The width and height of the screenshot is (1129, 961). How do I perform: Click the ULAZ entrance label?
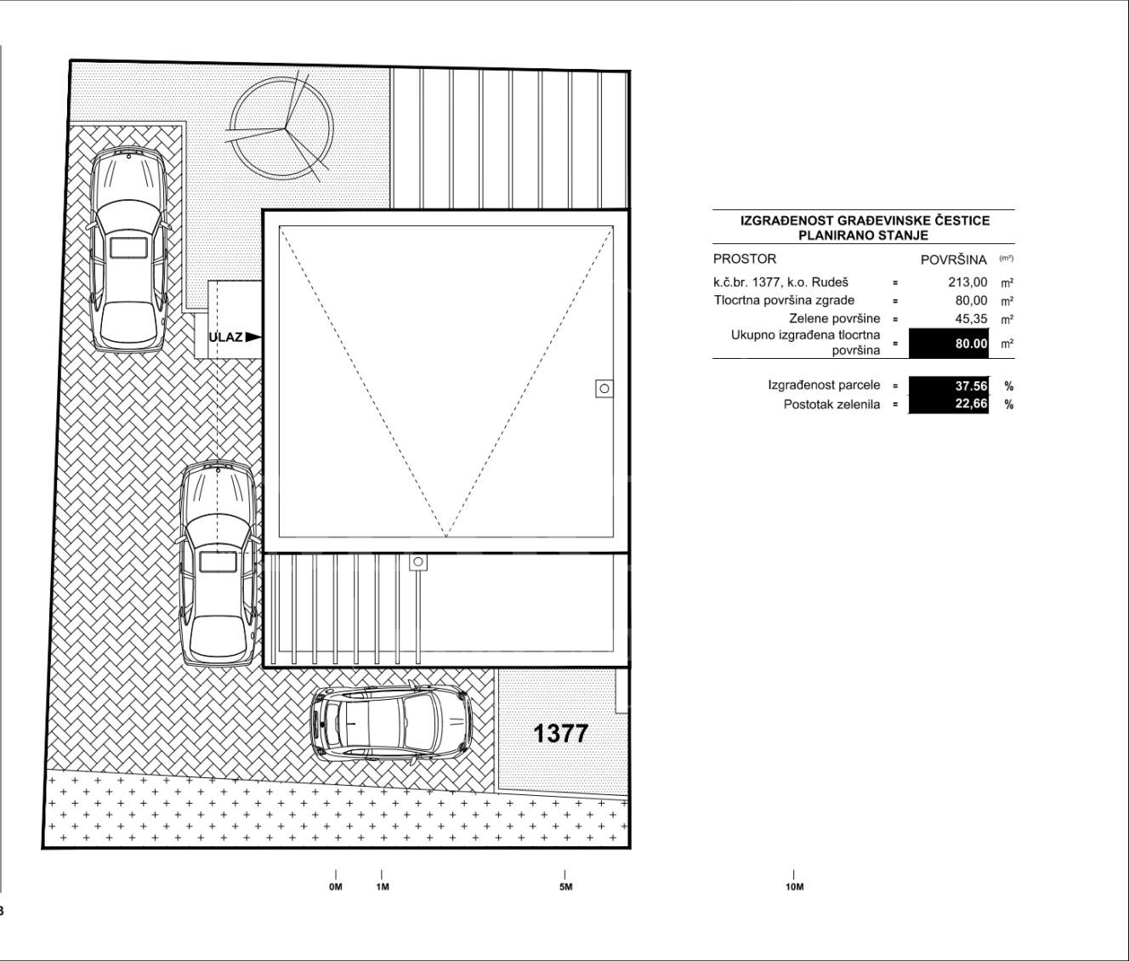(225, 337)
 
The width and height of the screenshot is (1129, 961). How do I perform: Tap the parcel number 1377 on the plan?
(560, 734)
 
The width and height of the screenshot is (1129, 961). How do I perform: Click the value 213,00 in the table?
(967, 282)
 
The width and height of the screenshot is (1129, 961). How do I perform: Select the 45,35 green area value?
(971, 319)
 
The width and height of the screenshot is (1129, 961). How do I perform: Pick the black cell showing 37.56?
(949, 386)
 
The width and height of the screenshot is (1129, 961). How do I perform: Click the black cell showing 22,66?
(949, 404)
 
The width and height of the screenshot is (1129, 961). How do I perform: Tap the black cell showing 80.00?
(949, 344)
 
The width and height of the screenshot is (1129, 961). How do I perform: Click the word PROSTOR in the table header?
(745, 259)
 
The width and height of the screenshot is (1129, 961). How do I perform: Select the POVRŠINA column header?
(954, 260)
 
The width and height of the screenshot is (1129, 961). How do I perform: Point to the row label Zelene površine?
(835, 319)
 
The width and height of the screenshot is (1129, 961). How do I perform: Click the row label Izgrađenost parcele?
(824, 385)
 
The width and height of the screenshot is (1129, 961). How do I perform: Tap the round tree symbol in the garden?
(281, 128)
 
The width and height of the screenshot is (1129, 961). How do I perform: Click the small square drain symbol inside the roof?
(604, 389)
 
